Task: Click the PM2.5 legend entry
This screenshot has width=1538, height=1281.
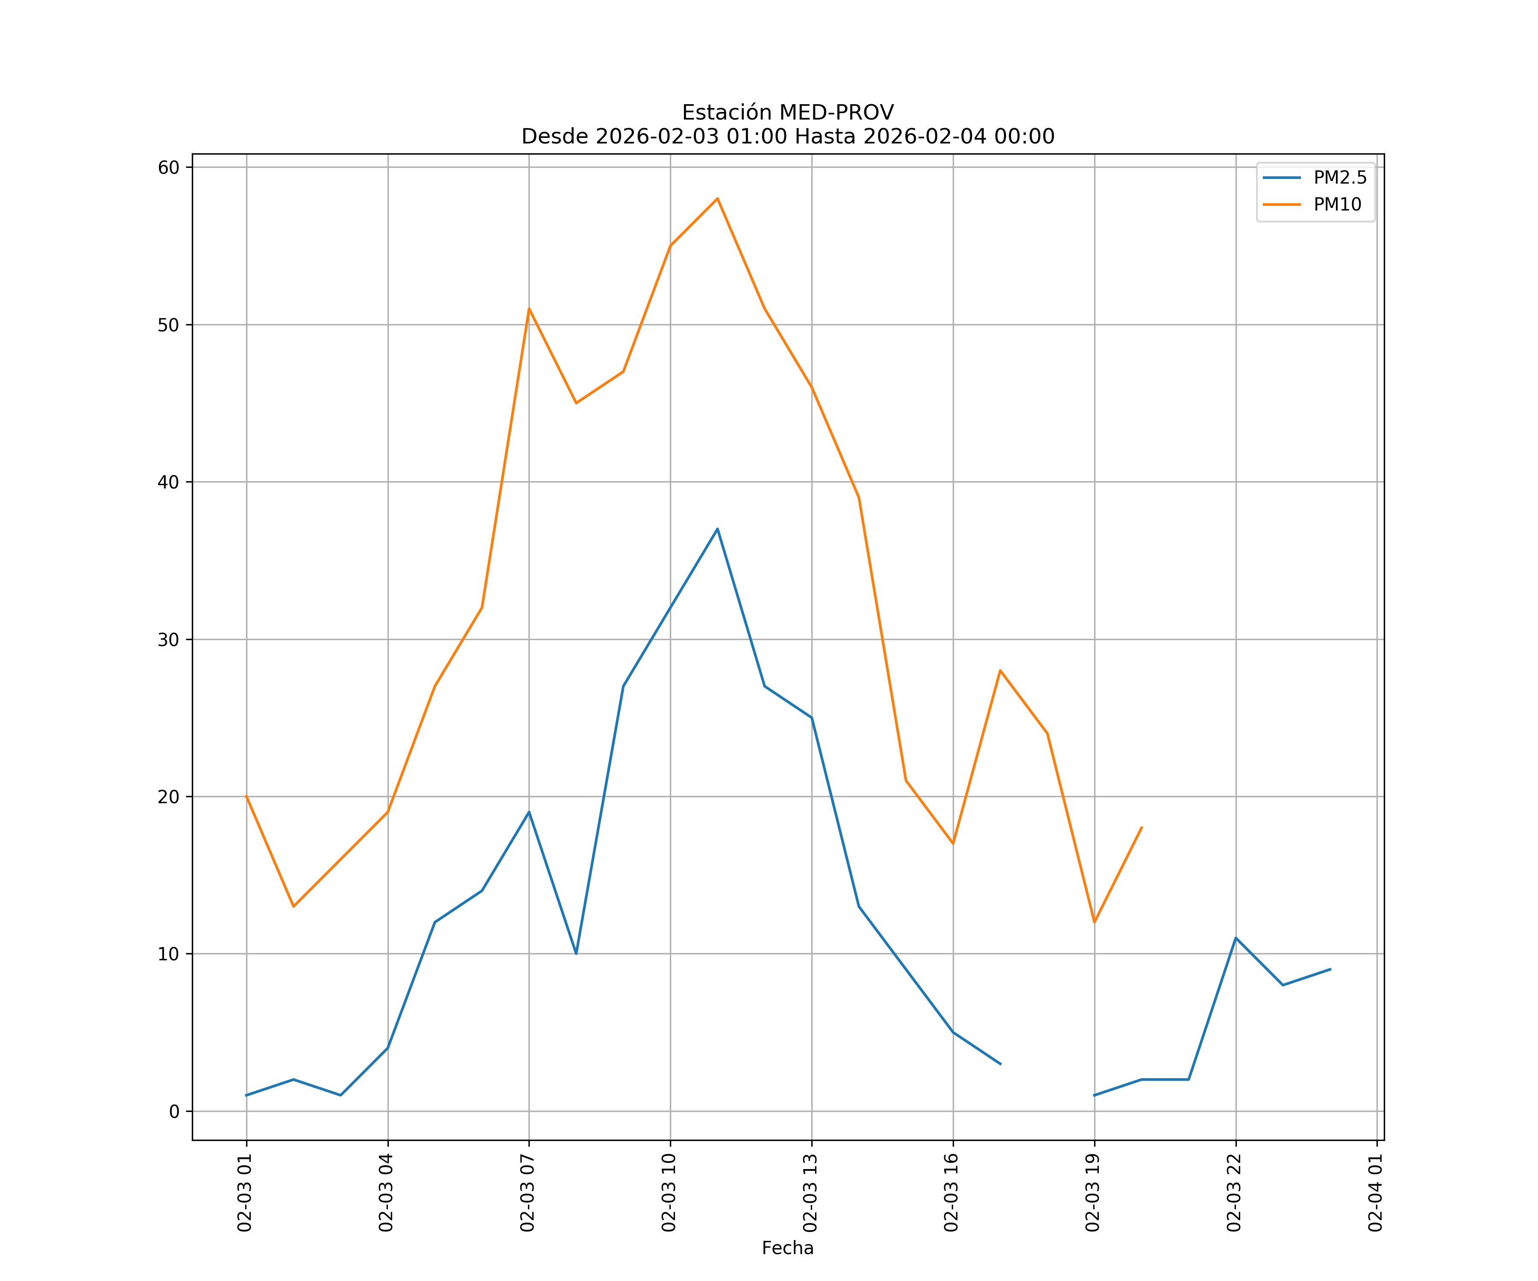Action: coord(1339,178)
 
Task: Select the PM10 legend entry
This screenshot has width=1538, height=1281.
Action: coord(1337,205)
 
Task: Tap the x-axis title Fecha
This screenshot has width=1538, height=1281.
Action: coord(787,1248)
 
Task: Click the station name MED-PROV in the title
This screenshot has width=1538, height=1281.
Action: coord(837,113)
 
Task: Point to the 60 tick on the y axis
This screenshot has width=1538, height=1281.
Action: coord(169,168)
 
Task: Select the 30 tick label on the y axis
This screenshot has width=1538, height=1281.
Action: coord(169,640)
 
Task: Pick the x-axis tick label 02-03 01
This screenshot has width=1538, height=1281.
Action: coord(245,1193)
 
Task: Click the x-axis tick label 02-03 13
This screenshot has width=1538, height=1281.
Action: coord(811,1193)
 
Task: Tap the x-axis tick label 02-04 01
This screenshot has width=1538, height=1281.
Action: coord(1376,1193)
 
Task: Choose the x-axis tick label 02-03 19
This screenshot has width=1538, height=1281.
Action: coord(1093,1193)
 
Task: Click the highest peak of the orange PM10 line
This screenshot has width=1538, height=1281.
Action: coord(717,199)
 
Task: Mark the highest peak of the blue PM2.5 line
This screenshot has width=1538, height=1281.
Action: coord(717,529)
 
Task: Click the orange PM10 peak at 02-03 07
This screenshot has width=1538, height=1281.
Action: coord(529,309)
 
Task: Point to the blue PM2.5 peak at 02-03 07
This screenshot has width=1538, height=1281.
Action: coord(529,812)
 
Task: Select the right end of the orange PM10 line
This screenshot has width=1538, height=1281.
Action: coord(1141,828)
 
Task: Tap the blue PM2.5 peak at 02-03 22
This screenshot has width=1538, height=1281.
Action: coord(1236,938)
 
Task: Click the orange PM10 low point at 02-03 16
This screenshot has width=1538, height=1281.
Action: coord(953,843)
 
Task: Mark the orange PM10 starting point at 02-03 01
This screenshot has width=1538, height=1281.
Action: coord(247,796)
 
